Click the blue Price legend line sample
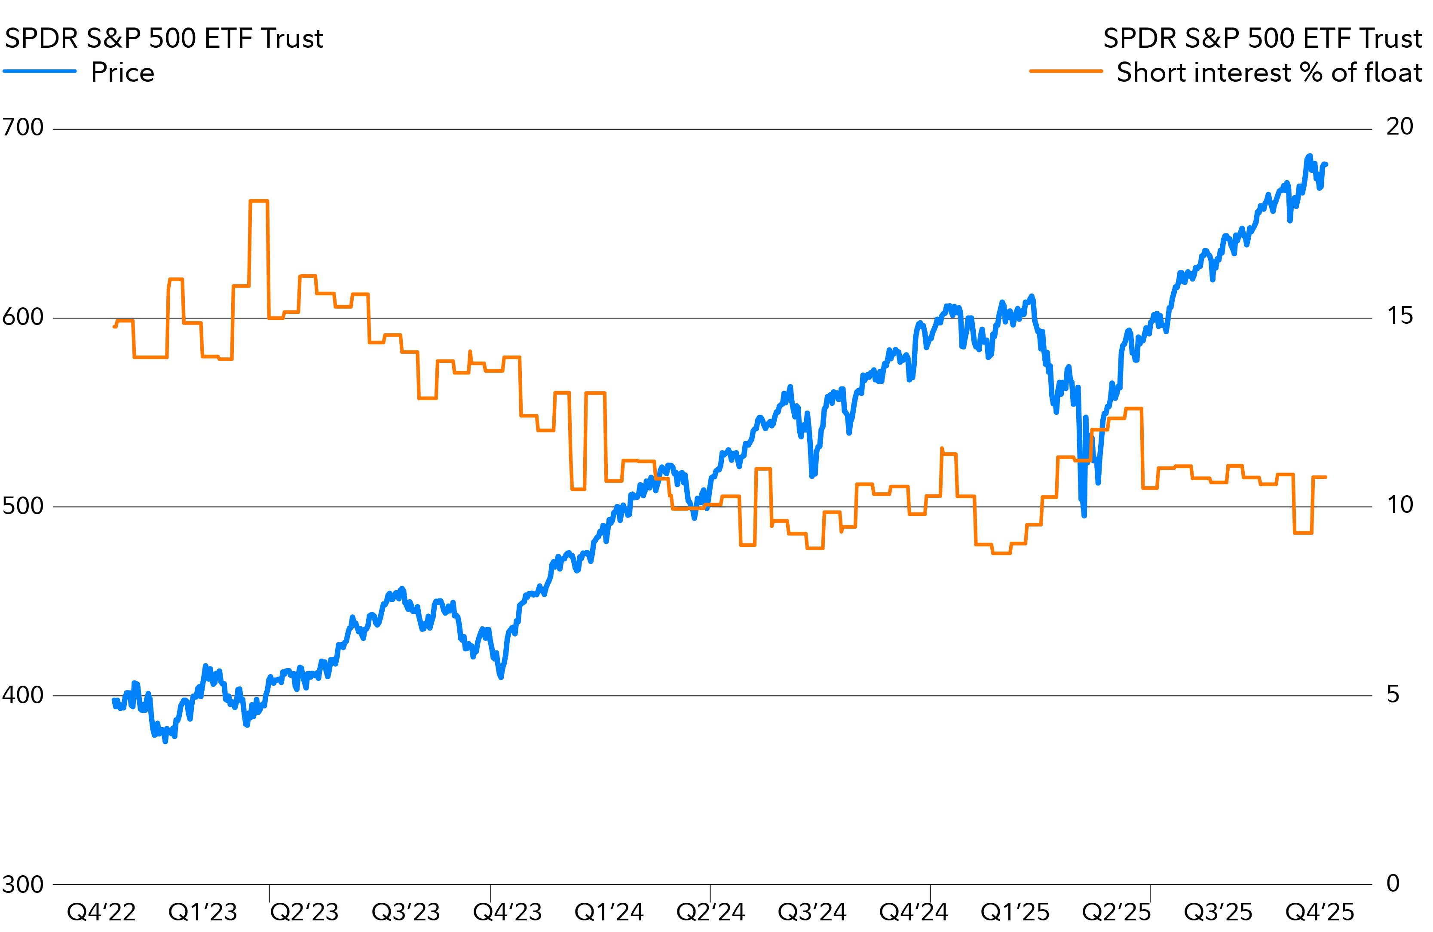point(40,71)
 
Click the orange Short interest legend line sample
point(1066,71)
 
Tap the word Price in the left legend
point(123,72)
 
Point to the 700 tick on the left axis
point(23,127)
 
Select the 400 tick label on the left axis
point(23,695)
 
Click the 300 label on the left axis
point(23,884)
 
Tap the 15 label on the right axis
point(1400,316)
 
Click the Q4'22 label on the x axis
point(101,912)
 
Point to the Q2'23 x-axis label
point(304,912)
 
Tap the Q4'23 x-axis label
point(508,912)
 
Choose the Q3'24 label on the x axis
point(812,912)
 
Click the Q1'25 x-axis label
point(1015,912)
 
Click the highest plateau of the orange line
point(259,201)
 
